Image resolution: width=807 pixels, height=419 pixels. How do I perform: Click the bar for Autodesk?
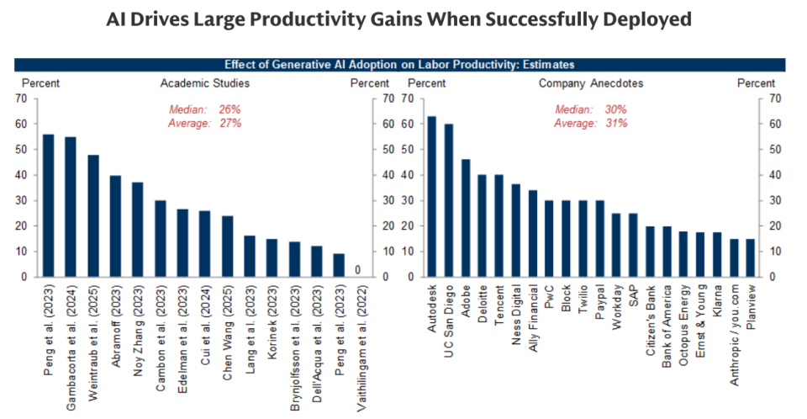pyautogui.click(x=432, y=196)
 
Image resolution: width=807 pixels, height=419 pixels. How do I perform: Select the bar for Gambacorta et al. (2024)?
pyautogui.click(x=71, y=207)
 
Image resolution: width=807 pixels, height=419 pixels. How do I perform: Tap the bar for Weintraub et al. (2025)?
pyautogui.click(x=93, y=216)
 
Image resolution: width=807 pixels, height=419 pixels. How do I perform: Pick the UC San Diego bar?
pyautogui.click(x=449, y=200)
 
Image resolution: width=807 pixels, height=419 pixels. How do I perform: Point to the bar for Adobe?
pyautogui.click(x=465, y=218)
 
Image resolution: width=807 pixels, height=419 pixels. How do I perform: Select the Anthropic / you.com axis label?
pyautogui.click(x=734, y=336)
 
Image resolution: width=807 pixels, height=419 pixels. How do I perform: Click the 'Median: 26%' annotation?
pyautogui.click(x=205, y=109)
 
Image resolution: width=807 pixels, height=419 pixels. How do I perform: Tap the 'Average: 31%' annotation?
pyautogui.click(x=591, y=124)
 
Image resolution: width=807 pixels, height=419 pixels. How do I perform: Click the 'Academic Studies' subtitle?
pyautogui.click(x=205, y=83)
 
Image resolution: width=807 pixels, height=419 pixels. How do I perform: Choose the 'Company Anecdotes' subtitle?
pyautogui.click(x=591, y=83)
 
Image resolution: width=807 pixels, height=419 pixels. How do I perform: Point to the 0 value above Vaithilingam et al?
pyautogui.click(x=358, y=270)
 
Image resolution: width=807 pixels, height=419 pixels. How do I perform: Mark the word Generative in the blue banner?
pyautogui.click(x=298, y=65)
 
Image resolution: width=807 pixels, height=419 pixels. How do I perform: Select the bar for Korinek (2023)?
pyautogui.click(x=272, y=258)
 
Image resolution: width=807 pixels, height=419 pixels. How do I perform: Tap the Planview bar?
pyautogui.click(x=751, y=258)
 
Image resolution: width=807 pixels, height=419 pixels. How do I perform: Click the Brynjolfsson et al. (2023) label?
pyautogui.click(x=295, y=348)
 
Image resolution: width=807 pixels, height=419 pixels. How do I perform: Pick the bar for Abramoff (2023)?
pyautogui.click(x=115, y=226)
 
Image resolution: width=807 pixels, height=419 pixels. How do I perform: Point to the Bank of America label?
pyautogui.click(x=667, y=326)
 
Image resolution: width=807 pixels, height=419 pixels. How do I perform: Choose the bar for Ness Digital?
pyautogui.click(x=515, y=231)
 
